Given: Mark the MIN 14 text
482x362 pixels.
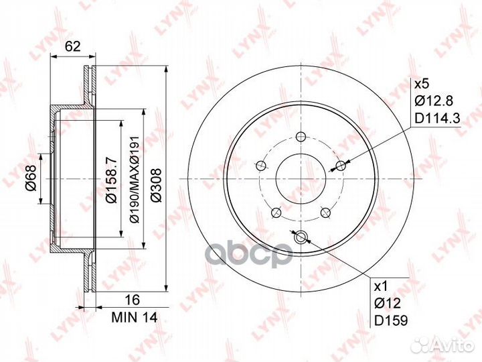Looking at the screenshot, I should tap(134, 320).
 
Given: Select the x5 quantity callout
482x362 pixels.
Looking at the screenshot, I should tap(421, 84).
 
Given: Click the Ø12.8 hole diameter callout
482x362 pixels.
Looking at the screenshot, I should tap(432, 102).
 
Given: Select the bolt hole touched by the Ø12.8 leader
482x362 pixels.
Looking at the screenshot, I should tap(341, 164).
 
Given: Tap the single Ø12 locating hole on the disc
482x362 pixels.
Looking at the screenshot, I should tap(301, 235).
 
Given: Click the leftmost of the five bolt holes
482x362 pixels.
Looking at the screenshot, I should tap(260, 164).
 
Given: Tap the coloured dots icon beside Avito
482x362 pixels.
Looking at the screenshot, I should tap(422, 343).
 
